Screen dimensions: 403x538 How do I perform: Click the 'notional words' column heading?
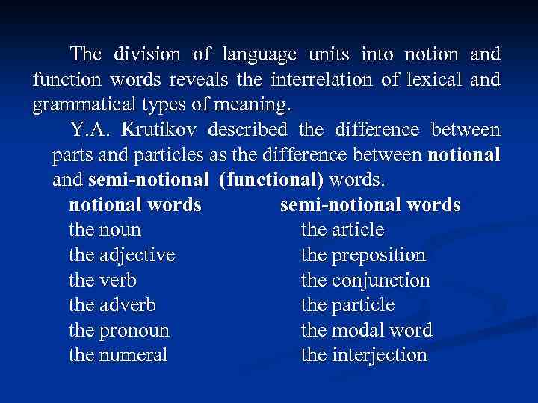[134, 204]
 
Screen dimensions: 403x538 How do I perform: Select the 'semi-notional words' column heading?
[370, 204]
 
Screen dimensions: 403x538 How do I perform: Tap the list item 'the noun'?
[105, 230]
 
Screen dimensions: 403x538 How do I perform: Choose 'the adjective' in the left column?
[122, 255]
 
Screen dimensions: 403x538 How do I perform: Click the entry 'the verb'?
[102, 281]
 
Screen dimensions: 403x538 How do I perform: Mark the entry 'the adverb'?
[113, 305]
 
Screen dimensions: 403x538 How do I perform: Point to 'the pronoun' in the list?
[119, 331]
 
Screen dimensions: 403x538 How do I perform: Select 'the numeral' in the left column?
[118, 356]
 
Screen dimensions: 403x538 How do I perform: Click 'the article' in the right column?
[341, 230]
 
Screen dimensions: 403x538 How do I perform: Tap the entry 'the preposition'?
[362, 255]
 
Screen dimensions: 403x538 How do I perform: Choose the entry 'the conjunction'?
[365, 281]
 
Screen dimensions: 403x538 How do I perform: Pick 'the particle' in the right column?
[347, 305]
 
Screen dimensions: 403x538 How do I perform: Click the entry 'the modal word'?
[366, 331]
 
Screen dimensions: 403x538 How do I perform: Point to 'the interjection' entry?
[364, 356]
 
